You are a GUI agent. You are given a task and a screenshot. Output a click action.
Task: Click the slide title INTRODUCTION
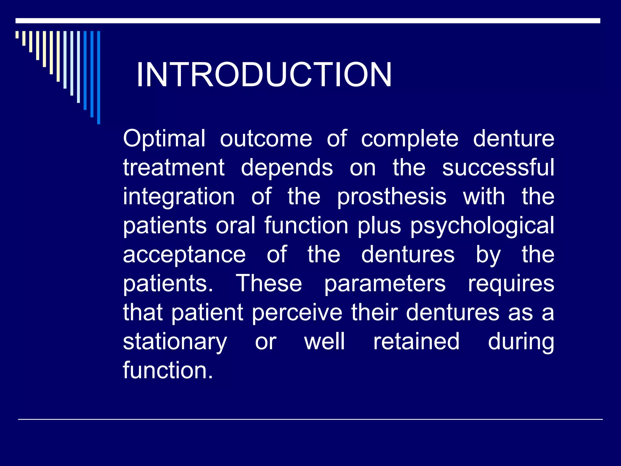tap(264, 75)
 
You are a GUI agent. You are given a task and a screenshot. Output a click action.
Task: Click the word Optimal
tap(164, 139)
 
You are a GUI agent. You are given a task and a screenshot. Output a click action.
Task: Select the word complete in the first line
tap(410, 139)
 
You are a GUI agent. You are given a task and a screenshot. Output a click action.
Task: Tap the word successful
tap(498, 167)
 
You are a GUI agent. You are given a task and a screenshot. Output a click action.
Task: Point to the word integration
tap(179, 197)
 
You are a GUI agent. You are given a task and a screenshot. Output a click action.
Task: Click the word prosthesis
tap(391, 197)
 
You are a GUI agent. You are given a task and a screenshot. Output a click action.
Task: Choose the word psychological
tap(482, 226)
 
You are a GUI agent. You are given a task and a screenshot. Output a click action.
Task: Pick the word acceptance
tap(184, 255)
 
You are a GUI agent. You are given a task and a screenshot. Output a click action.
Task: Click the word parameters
tap(385, 284)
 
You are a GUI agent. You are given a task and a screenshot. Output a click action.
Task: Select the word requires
tap(511, 284)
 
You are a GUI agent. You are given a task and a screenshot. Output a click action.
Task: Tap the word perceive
tap(297, 312)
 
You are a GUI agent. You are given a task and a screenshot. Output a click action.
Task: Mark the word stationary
tap(175, 342)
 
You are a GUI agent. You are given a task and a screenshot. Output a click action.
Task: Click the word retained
tap(416, 342)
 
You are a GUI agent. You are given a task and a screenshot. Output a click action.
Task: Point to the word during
tap(521, 342)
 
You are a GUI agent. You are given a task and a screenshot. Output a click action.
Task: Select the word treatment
tap(173, 167)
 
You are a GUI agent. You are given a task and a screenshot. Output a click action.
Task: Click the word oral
tap(235, 226)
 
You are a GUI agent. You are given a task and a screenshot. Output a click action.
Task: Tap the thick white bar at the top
tap(307, 21)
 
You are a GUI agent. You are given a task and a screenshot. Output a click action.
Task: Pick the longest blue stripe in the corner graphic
tap(99, 77)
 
